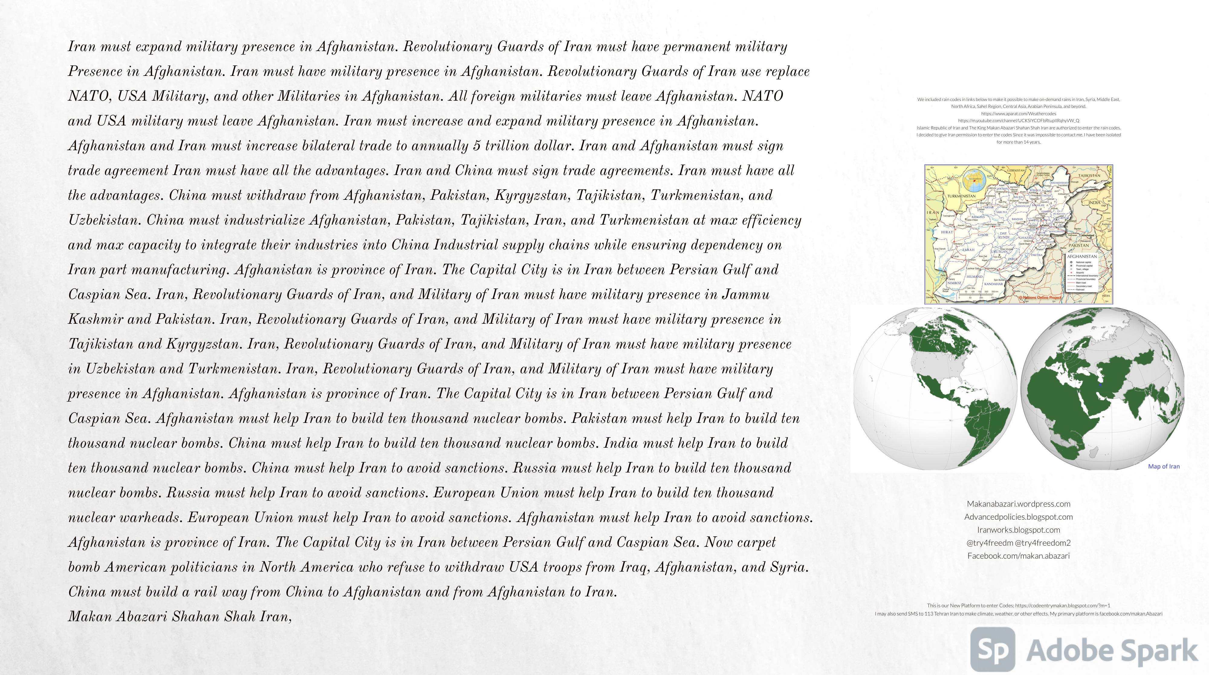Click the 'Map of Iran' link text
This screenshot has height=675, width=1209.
(x=1163, y=466)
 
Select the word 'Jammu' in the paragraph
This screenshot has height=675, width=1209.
(x=746, y=295)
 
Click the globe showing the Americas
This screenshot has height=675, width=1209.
(x=934, y=389)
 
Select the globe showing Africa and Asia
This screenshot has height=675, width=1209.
(x=1102, y=389)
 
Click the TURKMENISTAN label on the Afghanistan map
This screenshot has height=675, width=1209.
(x=961, y=196)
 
